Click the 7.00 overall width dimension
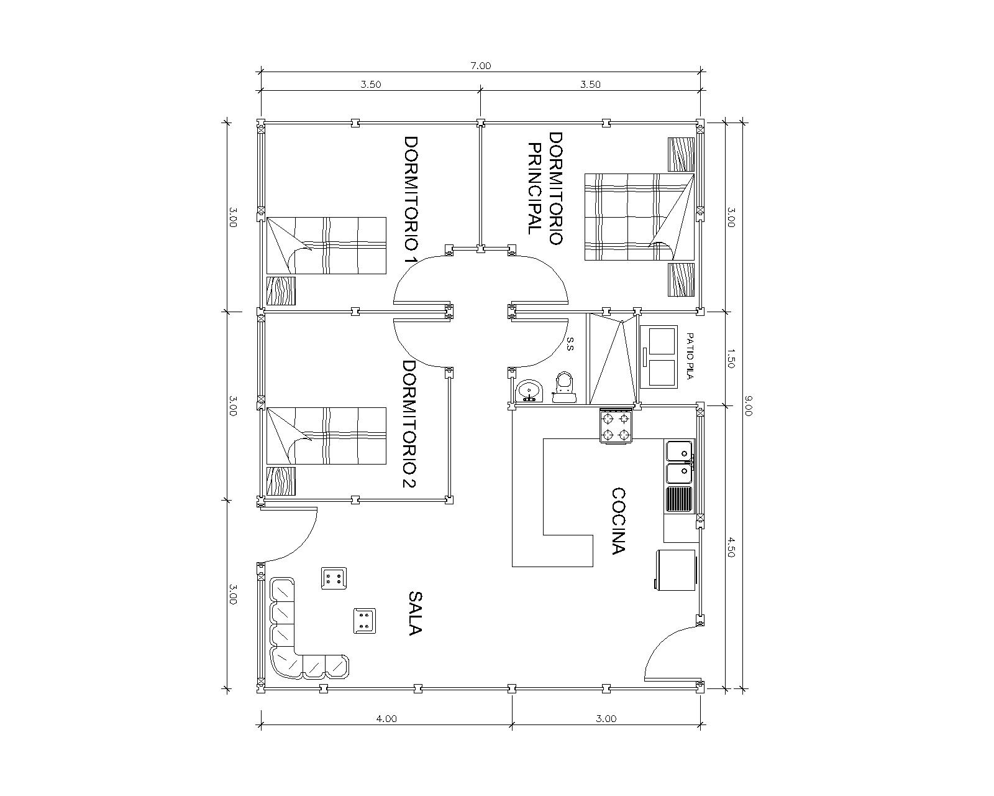[480, 66]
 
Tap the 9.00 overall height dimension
[748, 405]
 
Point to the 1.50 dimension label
[730, 358]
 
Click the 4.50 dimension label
[730, 547]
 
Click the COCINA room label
[618, 521]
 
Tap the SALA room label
[415, 613]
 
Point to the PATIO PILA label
[690, 356]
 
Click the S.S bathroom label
[570, 344]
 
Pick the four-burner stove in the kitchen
[616, 426]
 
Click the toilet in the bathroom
[564, 387]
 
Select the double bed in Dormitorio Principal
[640, 217]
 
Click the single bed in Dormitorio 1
[326, 246]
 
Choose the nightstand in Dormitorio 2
[281, 481]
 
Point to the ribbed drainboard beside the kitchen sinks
[678, 499]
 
